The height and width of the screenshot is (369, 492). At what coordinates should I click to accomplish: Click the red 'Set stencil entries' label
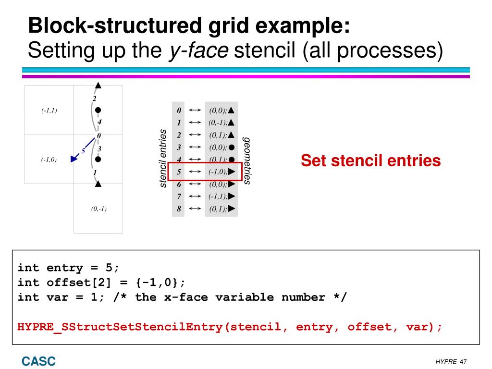370,160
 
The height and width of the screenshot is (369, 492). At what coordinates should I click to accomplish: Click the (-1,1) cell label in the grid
49,111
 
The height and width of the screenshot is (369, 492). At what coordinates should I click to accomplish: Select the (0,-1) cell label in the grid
98,209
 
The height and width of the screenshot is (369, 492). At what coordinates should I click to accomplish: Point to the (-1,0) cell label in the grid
49,160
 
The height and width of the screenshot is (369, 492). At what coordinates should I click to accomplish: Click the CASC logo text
38,361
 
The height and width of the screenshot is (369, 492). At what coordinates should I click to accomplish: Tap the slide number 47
463,361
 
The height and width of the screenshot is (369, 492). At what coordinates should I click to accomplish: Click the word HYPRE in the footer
446,361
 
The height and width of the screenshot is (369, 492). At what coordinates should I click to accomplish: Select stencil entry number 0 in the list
179,110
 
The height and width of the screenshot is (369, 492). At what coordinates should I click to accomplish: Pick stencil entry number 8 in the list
179,209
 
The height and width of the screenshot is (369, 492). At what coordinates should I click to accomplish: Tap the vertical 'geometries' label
246,160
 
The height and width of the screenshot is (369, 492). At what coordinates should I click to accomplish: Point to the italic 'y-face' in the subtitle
198,49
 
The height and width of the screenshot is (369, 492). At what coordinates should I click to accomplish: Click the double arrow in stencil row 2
195,135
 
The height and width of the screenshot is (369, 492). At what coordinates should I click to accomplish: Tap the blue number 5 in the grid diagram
83,150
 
